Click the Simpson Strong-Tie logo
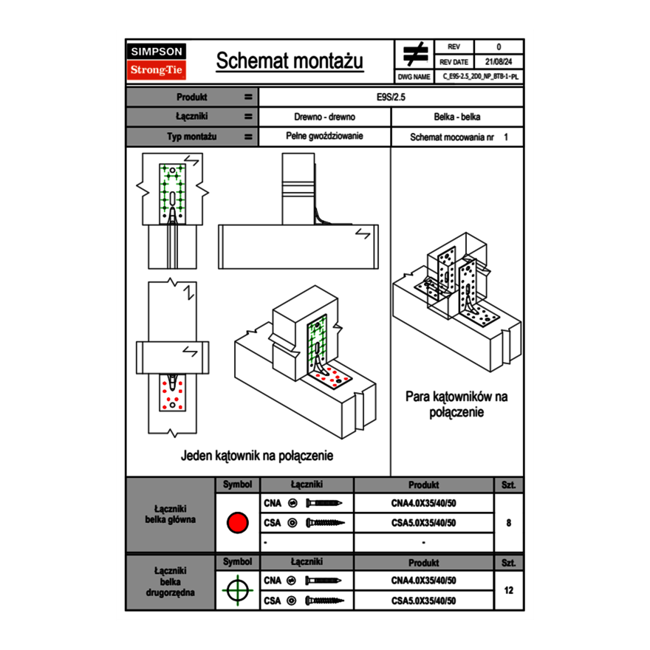tap(157, 61)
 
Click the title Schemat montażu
tap(290, 61)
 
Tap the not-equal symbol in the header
tap(414, 54)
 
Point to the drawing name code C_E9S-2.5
tap(480, 76)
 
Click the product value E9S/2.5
tap(391, 97)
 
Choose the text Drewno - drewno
tap(324, 117)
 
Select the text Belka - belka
tap(457, 117)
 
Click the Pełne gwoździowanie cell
tap(324, 137)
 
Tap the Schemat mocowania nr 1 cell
tap(458, 137)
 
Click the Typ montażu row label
tap(191, 137)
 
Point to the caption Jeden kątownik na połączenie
tap(257, 456)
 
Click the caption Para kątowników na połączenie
tap(456, 404)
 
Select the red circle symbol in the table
tap(236, 523)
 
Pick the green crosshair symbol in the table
tap(236, 590)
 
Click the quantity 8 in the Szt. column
tap(508, 523)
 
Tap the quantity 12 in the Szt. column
tap(508, 590)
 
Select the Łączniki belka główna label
tap(171, 514)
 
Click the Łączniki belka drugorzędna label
tap(171, 581)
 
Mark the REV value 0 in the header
tap(499, 47)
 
